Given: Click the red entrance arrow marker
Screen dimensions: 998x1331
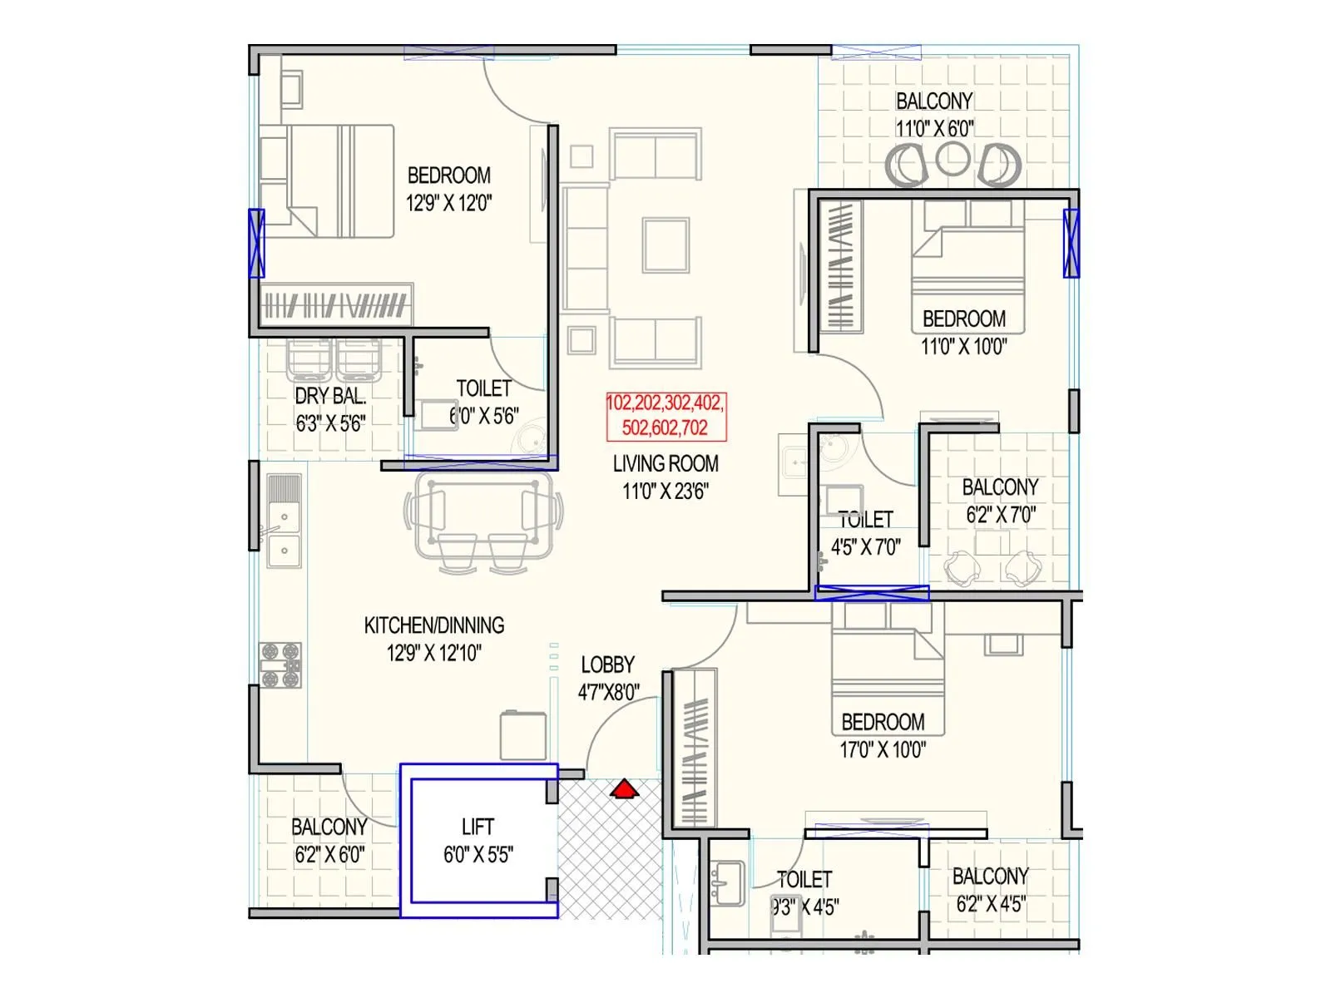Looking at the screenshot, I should tap(624, 788).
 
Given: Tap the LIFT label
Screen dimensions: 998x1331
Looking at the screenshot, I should tap(477, 827).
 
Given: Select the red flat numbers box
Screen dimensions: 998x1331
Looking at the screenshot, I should tap(665, 416).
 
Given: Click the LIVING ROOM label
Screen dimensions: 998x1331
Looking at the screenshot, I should tap(665, 463).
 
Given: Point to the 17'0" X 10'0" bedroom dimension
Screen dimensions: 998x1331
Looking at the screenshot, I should tap(883, 750).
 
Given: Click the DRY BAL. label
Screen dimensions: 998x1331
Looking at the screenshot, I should tap(330, 396).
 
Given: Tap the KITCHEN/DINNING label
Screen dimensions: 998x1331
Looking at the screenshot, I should tap(434, 625).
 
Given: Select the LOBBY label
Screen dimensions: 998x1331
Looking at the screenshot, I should tap(607, 665).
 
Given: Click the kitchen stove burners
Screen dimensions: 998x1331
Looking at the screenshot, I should tap(280, 665).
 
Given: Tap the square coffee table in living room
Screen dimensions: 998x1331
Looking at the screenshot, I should tap(665, 245).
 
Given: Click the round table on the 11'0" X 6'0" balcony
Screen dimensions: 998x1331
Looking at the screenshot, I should tap(952, 160).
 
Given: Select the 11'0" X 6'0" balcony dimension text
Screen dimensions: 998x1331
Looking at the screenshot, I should tap(934, 129).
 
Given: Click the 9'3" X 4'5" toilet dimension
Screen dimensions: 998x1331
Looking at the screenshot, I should tap(805, 907).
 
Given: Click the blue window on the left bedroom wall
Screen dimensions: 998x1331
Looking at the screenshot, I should tap(257, 243).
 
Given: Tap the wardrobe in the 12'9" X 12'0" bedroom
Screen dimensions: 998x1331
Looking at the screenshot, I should tap(335, 306).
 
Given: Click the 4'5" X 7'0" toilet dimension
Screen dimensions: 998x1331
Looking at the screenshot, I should tap(865, 547).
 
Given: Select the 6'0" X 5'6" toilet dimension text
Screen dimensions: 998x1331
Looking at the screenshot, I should tap(484, 416).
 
